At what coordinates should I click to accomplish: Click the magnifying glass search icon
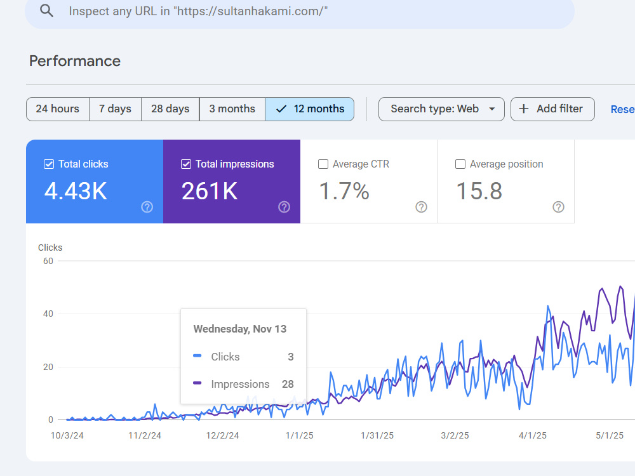[46, 11]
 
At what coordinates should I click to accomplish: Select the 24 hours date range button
[58, 109]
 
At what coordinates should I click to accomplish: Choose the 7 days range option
[115, 109]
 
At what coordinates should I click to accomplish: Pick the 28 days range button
[170, 109]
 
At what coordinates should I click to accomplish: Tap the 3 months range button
[232, 109]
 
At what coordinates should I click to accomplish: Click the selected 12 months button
[310, 109]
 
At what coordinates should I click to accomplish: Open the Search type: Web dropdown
[441, 109]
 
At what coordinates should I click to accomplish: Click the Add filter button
[552, 109]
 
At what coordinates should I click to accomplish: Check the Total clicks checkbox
[49, 164]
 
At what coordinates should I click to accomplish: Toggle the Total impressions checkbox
[186, 164]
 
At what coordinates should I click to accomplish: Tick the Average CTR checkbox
[323, 164]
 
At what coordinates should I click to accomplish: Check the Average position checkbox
[460, 164]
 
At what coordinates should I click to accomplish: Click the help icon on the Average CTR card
[421, 208]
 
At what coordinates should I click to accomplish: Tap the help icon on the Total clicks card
[147, 208]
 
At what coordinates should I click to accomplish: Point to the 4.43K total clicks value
[76, 191]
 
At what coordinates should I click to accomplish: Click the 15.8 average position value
[479, 191]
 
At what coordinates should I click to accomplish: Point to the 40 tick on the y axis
[48, 314]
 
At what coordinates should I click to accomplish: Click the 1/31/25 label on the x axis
[377, 435]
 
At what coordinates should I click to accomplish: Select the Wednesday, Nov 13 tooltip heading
[240, 329]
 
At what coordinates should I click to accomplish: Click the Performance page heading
[75, 61]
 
